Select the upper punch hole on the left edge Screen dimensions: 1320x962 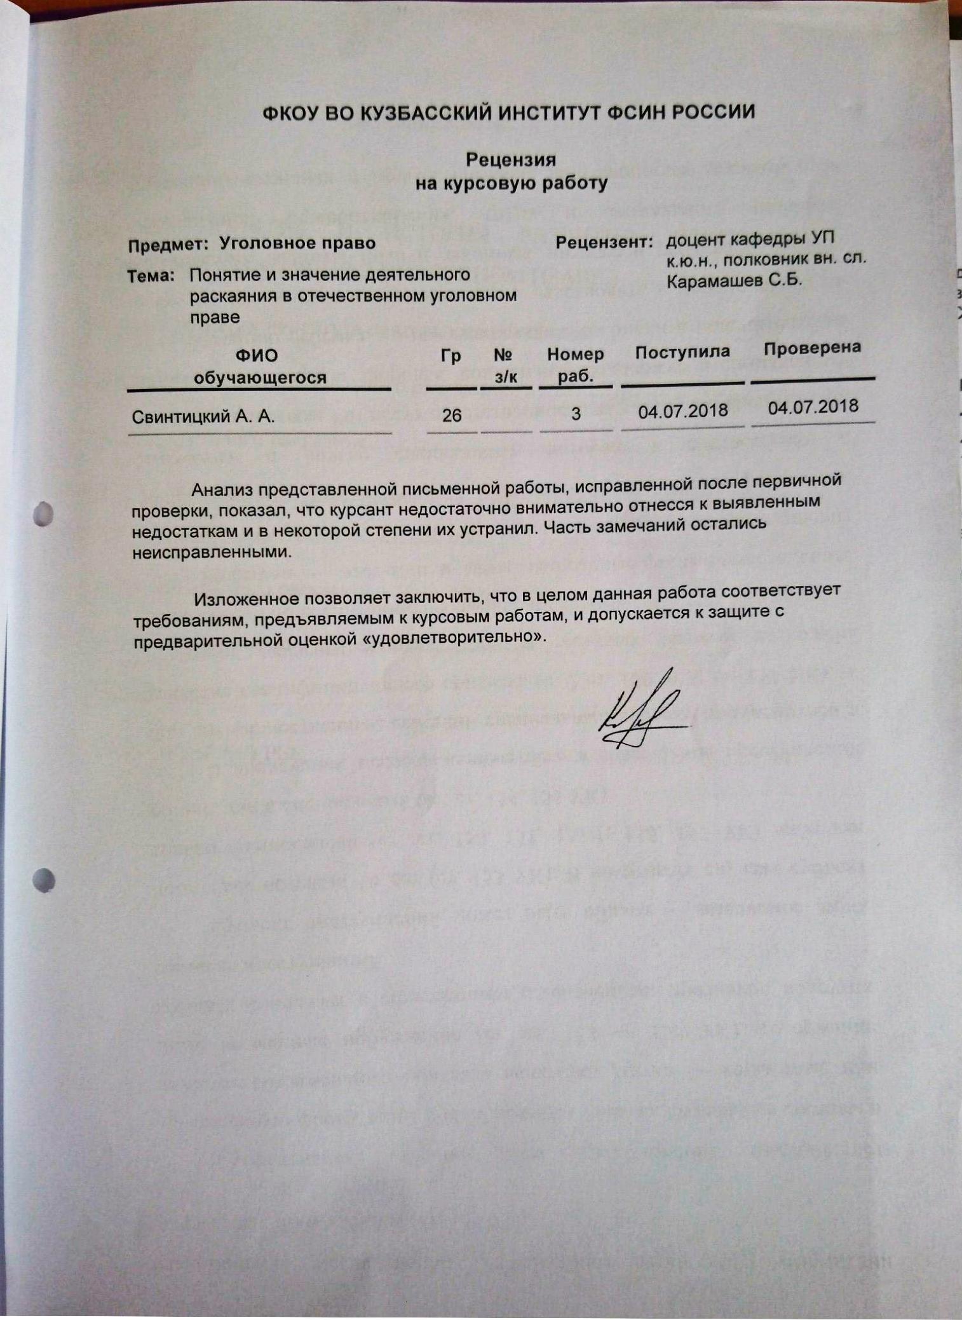(43, 514)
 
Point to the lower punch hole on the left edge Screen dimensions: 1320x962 (43, 880)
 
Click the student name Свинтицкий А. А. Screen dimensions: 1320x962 (203, 417)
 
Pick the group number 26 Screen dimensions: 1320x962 (451, 416)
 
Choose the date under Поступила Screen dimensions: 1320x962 (682, 411)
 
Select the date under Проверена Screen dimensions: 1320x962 (813, 407)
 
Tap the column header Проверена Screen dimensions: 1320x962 (812, 348)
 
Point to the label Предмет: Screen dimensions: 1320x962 (168, 245)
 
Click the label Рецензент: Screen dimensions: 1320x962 (604, 242)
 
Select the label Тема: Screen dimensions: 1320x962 (151, 276)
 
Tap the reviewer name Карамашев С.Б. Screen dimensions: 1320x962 (734, 280)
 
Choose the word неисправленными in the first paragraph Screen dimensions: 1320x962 (211, 551)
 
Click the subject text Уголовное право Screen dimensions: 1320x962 (297, 243)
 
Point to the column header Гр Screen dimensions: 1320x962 (451, 356)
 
